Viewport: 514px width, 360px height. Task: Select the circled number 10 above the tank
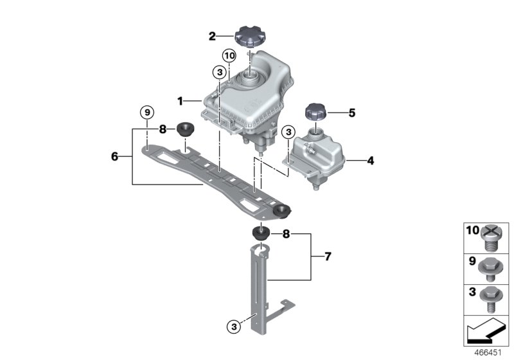pyautogui.click(x=229, y=57)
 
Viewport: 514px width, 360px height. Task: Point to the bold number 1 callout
pyautogui.click(x=181, y=101)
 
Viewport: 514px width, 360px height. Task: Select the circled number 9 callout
pyautogui.click(x=147, y=113)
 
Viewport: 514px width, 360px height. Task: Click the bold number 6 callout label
pyautogui.click(x=114, y=156)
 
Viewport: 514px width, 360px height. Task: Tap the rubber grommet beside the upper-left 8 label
pyautogui.click(x=187, y=129)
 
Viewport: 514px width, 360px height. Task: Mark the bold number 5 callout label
pyautogui.click(x=351, y=113)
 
